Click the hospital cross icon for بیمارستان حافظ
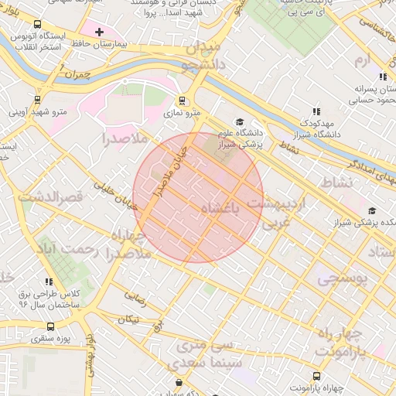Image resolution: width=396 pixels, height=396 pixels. [99, 32]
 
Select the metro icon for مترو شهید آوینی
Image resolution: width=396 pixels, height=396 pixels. [38, 99]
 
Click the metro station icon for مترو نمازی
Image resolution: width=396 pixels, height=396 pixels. [182, 100]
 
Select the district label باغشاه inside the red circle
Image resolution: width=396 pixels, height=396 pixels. [220, 210]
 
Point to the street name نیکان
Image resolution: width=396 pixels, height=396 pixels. [129, 319]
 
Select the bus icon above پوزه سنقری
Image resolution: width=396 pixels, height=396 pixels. [38, 326]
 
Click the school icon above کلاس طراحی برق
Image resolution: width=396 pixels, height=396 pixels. [49, 282]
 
